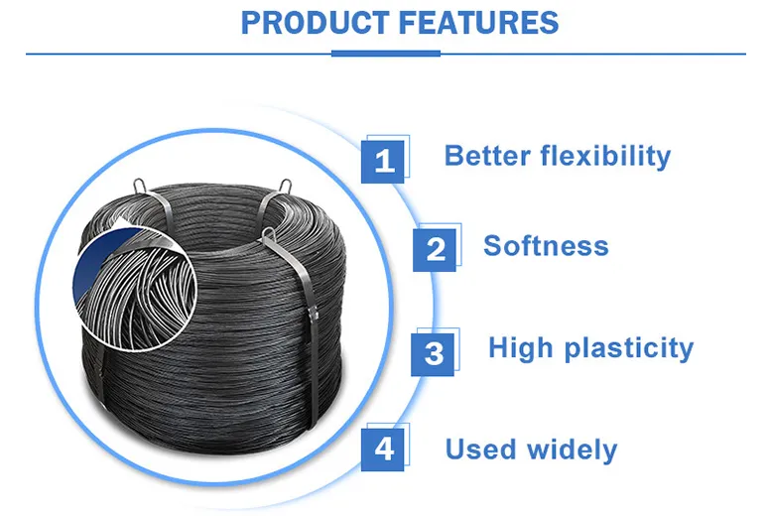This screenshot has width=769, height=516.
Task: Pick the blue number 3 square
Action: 434,352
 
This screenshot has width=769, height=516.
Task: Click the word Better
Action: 487,156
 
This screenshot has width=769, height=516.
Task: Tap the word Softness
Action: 546,246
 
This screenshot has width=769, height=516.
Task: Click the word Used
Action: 482,450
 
